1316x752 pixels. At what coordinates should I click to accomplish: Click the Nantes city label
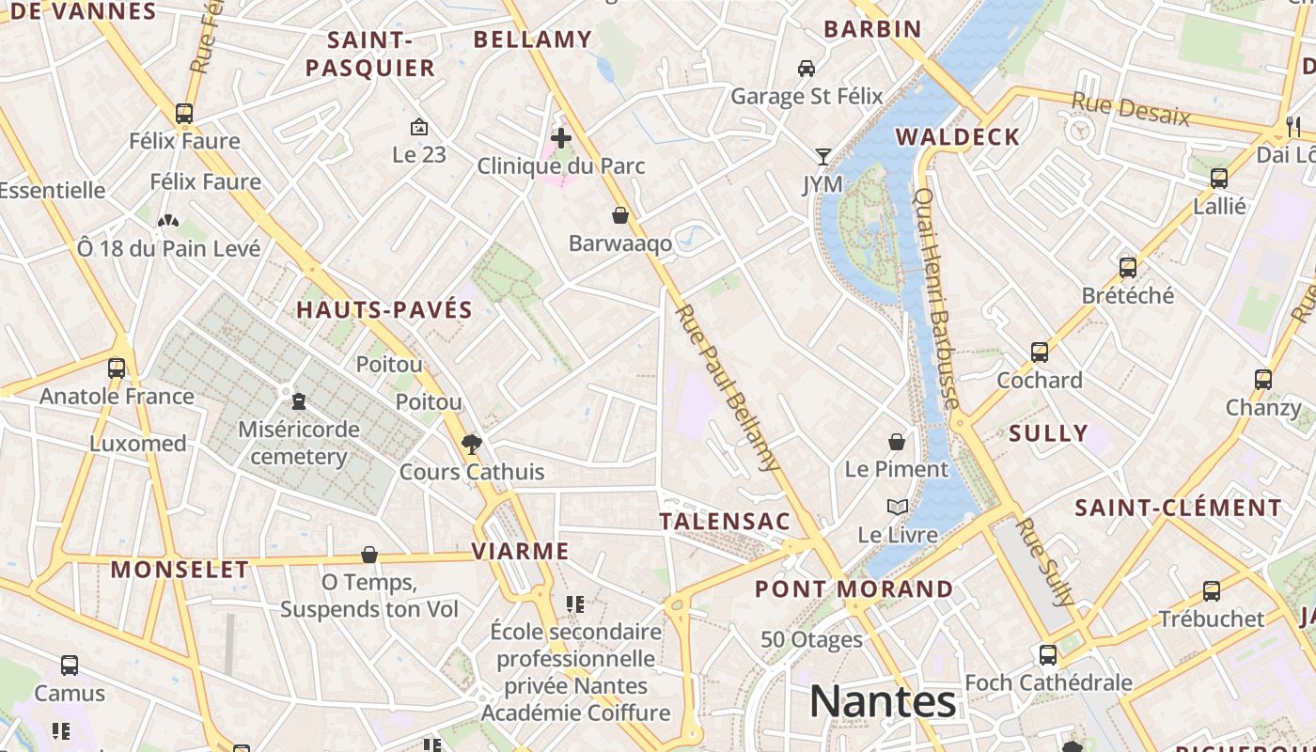tap(883, 701)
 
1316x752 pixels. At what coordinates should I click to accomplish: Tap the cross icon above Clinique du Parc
tap(561, 139)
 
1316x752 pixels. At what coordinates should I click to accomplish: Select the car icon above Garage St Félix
tap(807, 68)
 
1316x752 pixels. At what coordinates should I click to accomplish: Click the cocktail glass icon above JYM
tap(823, 156)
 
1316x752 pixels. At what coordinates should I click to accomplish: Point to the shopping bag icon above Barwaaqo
tap(620, 215)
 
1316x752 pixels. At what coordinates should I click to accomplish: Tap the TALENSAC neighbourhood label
tap(725, 522)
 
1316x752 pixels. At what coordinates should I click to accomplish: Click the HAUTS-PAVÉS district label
tap(384, 310)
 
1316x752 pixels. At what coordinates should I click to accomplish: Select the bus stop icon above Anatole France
tap(117, 368)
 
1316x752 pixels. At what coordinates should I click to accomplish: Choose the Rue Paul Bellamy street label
tap(728, 387)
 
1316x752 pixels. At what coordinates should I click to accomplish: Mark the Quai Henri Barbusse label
tap(936, 299)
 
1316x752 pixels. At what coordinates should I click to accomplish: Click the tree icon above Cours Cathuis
tap(471, 444)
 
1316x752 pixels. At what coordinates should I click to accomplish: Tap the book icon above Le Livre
tap(898, 508)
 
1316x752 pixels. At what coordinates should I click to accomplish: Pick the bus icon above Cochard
tap(1040, 352)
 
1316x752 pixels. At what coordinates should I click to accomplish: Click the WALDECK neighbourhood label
tap(957, 137)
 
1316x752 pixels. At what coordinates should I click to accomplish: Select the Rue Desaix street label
tap(1131, 110)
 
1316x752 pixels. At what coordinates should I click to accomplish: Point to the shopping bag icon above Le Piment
tap(897, 441)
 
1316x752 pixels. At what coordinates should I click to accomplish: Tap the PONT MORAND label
tap(854, 589)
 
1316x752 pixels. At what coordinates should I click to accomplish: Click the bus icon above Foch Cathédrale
tap(1048, 654)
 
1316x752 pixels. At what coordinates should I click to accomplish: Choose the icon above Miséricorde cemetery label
tap(299, 401)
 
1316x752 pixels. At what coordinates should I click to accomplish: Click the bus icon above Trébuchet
tap(1212, 591)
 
